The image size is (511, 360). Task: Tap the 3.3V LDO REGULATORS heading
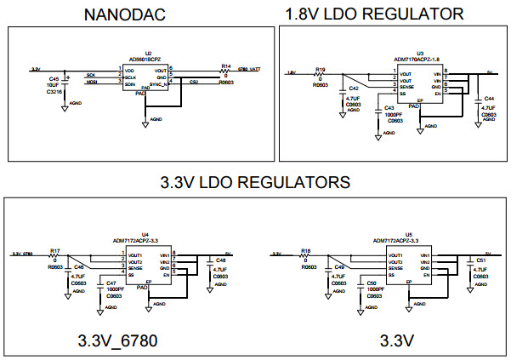click(255, 182)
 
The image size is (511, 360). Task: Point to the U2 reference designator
click(149, 53)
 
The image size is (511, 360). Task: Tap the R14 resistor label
click(225, 66)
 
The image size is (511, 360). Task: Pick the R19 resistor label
click(320, 68)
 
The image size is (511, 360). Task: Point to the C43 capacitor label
click(389, 108)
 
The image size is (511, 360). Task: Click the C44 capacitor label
click(489, 99)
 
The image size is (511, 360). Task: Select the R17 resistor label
click(54, 250)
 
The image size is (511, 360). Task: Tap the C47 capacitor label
click(111, 283)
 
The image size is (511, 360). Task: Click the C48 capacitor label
click(220, 260)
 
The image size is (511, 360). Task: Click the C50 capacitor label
click(372, 283)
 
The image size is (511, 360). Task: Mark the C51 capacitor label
click(481, 260)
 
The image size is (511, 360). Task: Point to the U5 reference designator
click(408, 233)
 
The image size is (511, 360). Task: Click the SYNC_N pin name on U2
click(159, 84)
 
